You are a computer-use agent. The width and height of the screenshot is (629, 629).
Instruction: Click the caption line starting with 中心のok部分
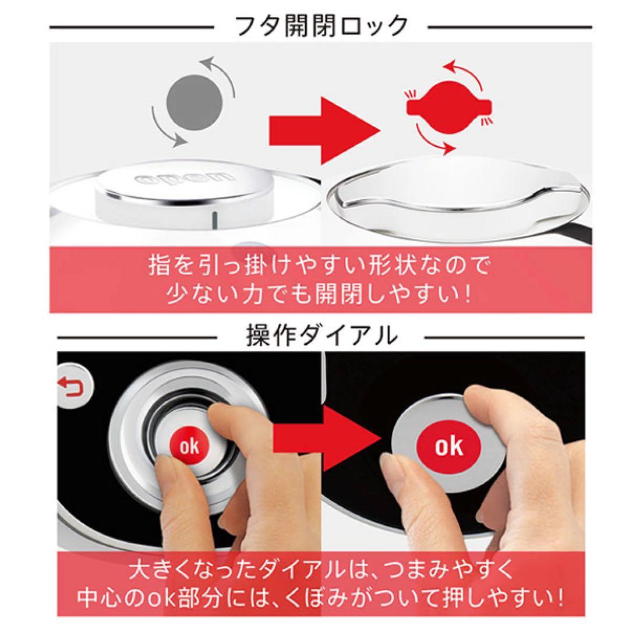pos(317,598)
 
